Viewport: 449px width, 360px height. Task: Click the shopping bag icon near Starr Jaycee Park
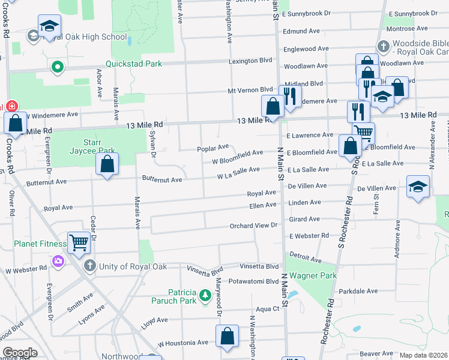tap(107, 164)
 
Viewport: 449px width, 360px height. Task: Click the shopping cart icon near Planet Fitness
tap(79, 243)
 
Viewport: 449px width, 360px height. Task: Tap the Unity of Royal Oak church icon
tap(89, 265)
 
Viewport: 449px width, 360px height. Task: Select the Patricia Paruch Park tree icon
tap(205, 295)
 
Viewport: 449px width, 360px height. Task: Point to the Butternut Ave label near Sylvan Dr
tap(161, 179)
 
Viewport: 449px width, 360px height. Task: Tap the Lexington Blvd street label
tap(250, 61)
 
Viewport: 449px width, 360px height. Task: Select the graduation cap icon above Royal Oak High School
tap(49, 26)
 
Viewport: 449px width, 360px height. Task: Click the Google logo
tap(20, 353)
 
